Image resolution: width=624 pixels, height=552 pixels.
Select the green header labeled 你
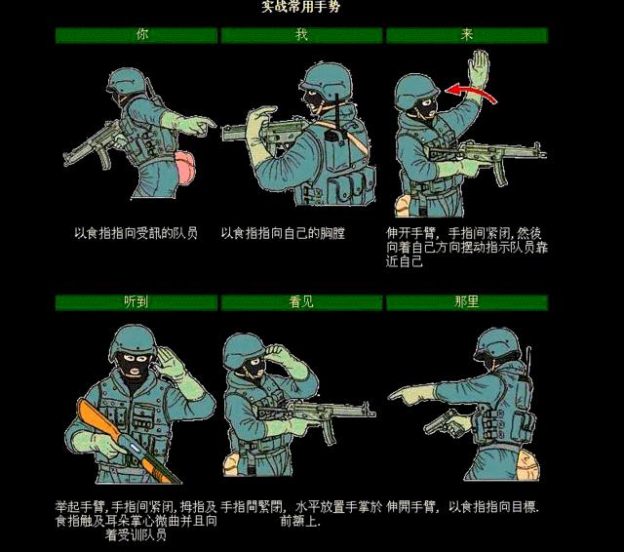coord(136,35)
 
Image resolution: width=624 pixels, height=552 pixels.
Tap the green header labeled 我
coord(301,35)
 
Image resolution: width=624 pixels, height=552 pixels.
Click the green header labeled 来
coord(466,35)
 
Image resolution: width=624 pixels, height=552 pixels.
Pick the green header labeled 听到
coord(136,301)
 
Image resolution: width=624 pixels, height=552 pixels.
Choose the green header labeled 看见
coord(301,301)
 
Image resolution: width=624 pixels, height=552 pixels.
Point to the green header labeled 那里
coord(466,301)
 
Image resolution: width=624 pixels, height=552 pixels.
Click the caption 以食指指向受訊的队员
coord(136,234)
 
